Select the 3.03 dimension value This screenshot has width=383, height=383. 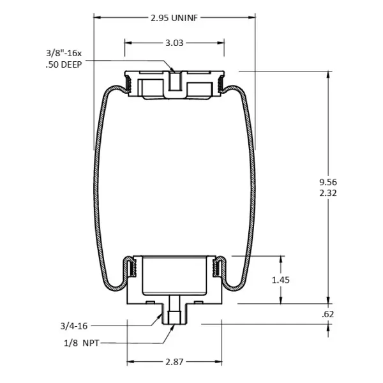point(174,43)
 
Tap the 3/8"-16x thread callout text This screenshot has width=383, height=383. point(64,52)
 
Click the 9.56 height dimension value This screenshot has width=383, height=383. point(329,181)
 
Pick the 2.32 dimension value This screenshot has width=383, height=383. point(329,191)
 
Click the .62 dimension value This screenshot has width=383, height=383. point(329,314)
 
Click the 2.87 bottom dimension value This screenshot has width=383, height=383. point(174,362)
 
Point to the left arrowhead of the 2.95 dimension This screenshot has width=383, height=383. point(97,17)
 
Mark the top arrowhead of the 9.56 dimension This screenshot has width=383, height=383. point(329,74)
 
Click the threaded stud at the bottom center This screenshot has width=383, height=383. point(174,314)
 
